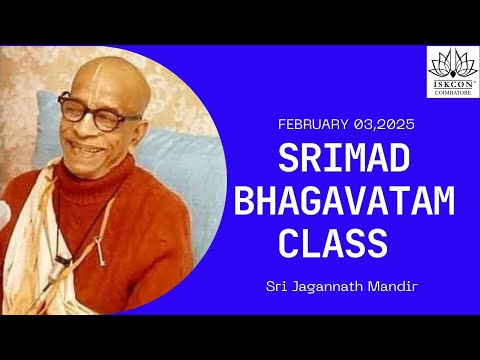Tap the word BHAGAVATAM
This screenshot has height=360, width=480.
343,201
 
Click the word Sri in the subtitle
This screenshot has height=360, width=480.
276,286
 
